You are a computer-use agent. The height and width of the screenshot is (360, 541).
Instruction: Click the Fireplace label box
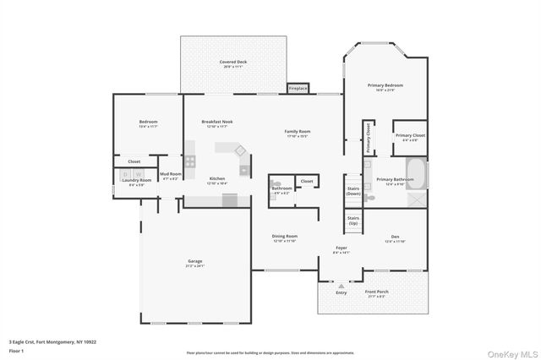[298, 87]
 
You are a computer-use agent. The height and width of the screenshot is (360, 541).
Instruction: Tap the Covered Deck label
[233, 63]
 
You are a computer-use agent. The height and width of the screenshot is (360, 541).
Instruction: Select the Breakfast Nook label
[217, 123]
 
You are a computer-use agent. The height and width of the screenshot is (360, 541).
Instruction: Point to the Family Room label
[297, 133]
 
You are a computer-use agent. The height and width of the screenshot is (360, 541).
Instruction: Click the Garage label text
[194, 263]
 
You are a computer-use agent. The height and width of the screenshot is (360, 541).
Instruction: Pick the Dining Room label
[285, 237]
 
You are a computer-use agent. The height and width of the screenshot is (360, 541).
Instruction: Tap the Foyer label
[341, 249]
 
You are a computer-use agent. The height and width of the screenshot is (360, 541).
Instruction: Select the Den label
[395, 238]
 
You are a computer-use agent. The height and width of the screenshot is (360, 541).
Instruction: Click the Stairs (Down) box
[353, 191]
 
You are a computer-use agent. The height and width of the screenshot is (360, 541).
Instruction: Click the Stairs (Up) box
[353, 221]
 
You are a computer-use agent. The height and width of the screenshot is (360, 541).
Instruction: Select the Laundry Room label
[136, 181]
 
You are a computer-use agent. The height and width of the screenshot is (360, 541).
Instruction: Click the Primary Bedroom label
[385, 87]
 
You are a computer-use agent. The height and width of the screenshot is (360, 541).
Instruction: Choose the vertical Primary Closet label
[369, 139]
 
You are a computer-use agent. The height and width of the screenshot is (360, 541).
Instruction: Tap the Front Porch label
[375, 293]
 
